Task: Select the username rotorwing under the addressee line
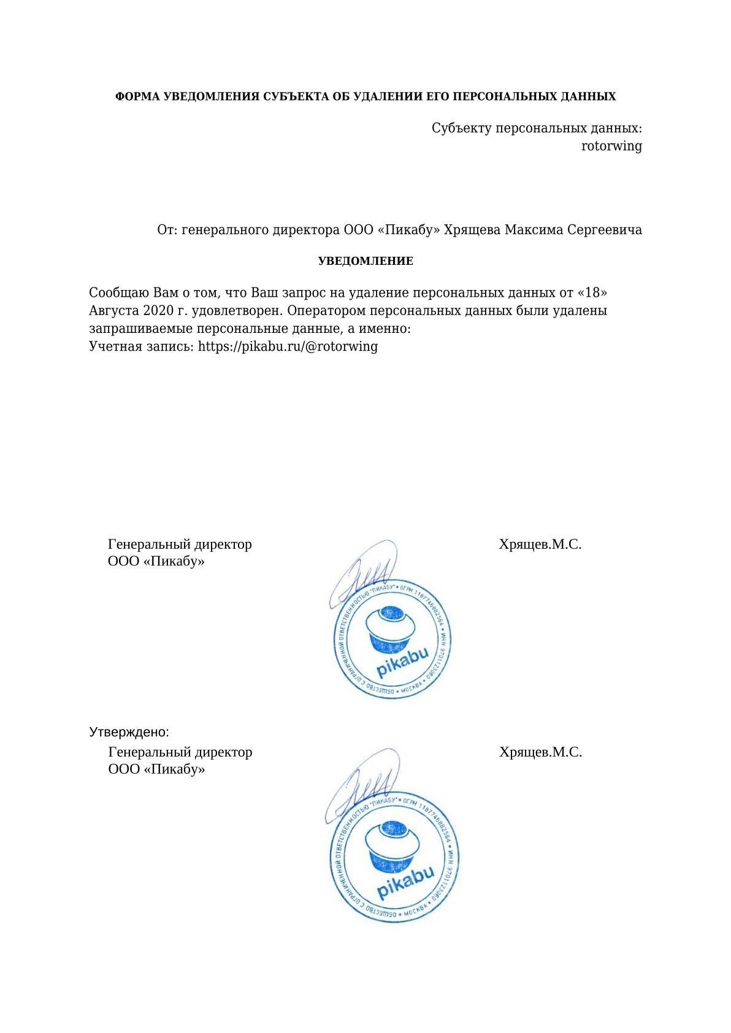point(611,146)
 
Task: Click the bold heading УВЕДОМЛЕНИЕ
point(365,261)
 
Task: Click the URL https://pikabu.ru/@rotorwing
point(288,346)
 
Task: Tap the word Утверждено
point(128,732)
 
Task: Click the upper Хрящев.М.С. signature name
point(540,544)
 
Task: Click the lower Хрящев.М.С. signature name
point(540,752)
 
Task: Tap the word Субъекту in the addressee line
point(461,129)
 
